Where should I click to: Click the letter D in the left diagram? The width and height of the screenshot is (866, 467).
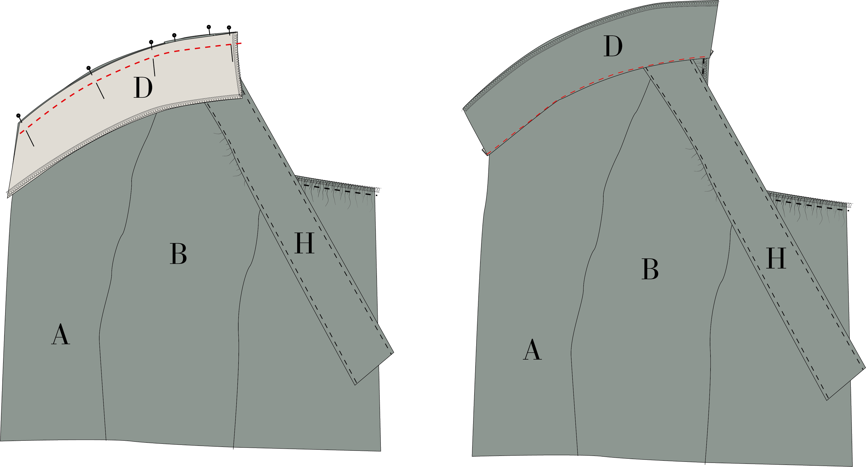click(143, 88)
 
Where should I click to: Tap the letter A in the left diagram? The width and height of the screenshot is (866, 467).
click(61, 334)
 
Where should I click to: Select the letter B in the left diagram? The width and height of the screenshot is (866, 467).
click(178, 254)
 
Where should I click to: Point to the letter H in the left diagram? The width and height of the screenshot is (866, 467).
click(304, 243)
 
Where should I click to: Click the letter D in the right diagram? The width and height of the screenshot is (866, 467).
click(613, 46)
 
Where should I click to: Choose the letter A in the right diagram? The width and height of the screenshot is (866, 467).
click(532, 350)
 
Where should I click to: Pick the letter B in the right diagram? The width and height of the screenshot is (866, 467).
click(650, 269)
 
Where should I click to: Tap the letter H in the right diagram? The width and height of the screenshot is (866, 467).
click(776, 259)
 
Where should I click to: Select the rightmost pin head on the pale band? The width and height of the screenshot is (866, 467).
click(229, 27)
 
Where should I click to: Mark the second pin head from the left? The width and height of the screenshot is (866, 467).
click(88, 68)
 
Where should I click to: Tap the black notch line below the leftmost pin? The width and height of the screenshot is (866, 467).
click(30, 138)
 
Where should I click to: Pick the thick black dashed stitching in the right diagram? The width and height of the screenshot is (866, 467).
click(811, 205)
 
